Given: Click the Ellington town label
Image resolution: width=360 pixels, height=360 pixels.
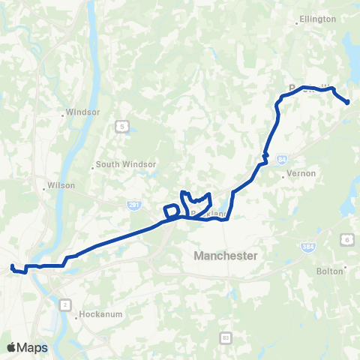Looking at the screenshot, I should (317, 19).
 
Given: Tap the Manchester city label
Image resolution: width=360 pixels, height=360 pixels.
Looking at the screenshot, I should (225, 256).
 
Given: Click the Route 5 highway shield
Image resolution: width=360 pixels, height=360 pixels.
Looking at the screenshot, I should (121, 127).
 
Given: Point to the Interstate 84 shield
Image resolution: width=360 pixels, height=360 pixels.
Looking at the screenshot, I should (281, 159).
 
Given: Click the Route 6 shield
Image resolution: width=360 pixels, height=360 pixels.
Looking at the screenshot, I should (347, 238).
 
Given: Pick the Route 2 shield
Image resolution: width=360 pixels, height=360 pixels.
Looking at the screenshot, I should (65, 304).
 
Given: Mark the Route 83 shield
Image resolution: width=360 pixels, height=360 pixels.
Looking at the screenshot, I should (226, 339).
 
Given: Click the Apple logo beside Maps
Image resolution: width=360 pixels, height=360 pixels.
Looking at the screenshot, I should (11, 347).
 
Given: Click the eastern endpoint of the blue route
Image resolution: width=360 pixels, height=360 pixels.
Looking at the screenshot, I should (348, 102).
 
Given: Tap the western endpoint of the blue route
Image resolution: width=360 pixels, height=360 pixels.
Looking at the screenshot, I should (12, 266).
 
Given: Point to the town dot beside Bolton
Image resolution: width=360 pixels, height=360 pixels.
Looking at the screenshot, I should (345, 267).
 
